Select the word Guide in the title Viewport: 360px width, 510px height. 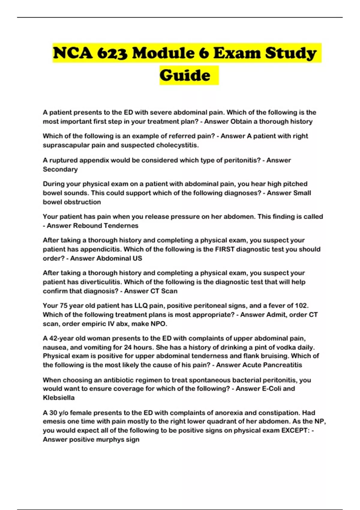point(185,75)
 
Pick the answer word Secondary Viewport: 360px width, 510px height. point(60,169)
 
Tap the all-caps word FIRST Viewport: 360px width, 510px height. point(226,249)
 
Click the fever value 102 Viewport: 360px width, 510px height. point(301,306)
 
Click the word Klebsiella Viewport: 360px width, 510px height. point(59,398)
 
